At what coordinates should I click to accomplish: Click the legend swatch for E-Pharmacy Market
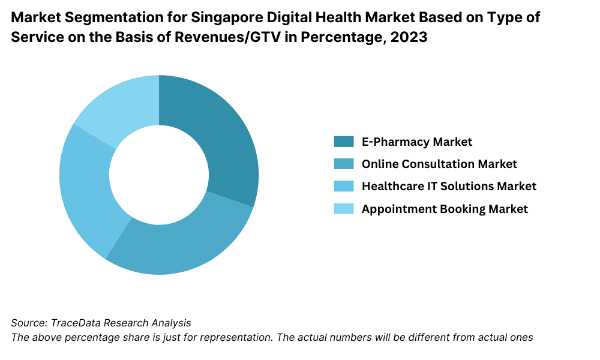point(344,142)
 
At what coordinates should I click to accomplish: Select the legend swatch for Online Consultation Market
point(344,164)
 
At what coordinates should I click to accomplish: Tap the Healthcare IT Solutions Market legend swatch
point(344,186)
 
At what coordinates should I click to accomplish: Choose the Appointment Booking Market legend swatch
point(344,209)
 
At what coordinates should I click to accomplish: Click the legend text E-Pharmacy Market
point(417,142)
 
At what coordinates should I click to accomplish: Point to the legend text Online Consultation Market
point(439,164)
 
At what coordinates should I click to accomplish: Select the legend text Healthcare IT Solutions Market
point(449,186)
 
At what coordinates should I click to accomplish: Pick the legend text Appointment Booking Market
point(445,209)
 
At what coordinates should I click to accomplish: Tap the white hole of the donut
point(159,175)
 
